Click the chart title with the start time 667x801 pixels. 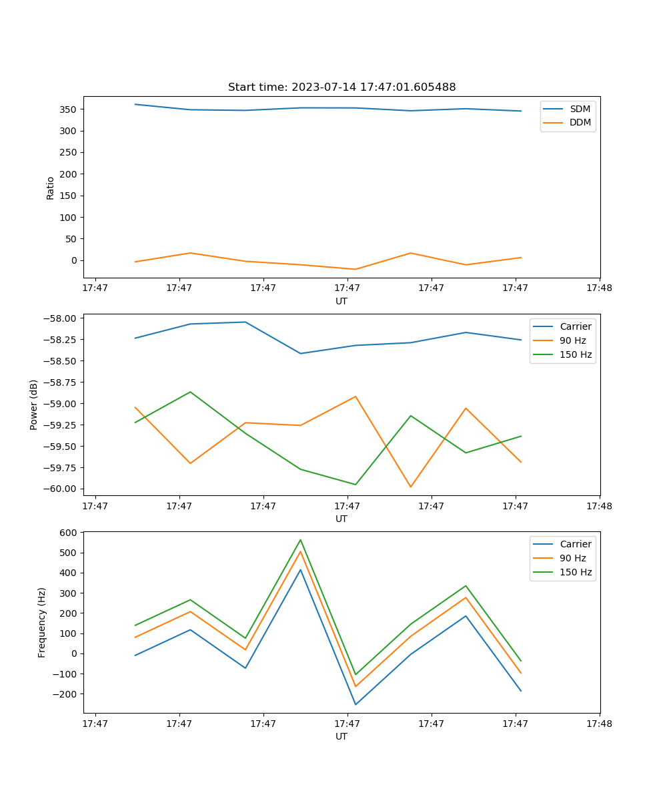pos(342,87)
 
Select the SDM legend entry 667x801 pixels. pos(580,109)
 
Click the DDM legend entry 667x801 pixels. pos(580,122)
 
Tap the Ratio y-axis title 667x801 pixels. pos(51,188)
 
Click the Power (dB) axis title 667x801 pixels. pos(34,405)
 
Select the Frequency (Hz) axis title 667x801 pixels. pos(42,622)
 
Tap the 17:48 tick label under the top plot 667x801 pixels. pos(599,288)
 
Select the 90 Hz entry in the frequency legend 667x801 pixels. pos(573,558)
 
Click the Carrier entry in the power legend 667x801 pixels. pos(576,326)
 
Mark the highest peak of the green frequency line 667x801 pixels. pos(300,539)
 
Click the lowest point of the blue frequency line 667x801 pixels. pos(356,704)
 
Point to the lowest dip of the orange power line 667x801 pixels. pos(410,487)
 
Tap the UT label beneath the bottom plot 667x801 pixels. pos(342,736)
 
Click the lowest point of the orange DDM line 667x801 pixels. pos(356,269)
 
